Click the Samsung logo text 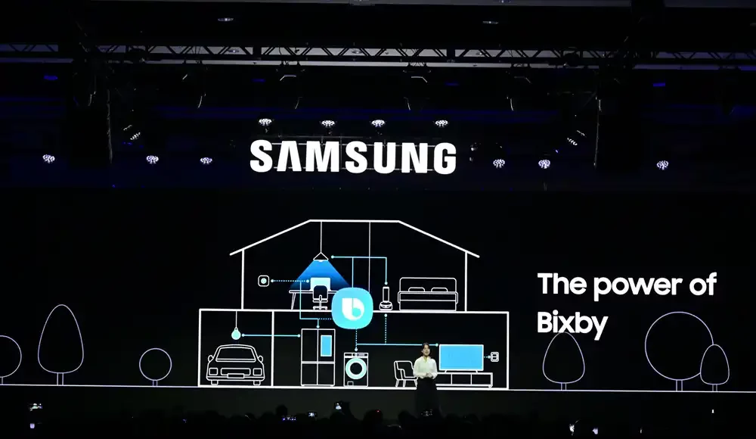(353, 157)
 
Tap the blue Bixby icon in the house (352, 307)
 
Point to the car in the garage (234, 363)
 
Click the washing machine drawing (356, 369)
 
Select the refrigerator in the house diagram (318, 356)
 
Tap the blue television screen (461, 357)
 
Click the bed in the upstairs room (427, 294)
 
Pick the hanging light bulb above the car (236, 333)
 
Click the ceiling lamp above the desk (321, 257)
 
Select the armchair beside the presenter (404, 373)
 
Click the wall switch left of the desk (263, 281)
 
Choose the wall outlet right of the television (495, 355)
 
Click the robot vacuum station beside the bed (385, 297)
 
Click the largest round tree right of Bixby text (678, 346)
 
